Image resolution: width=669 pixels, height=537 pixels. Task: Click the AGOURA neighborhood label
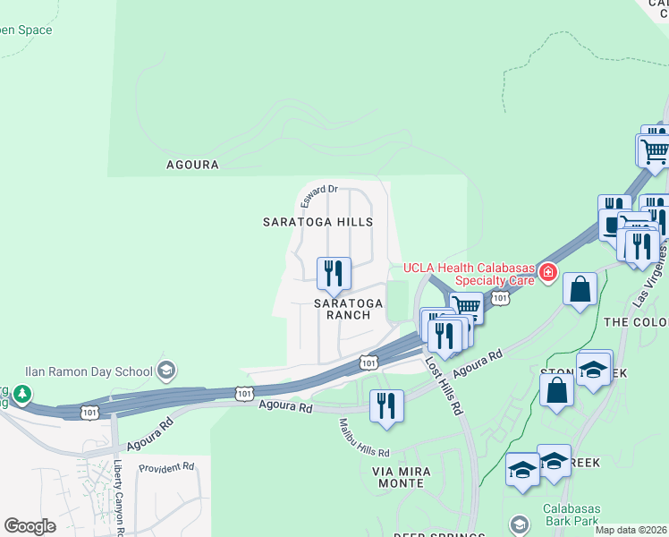click(192, 165)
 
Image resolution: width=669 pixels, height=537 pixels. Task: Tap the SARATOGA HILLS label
click(317, 221)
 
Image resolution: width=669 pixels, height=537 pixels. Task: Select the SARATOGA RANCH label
click(348, 309)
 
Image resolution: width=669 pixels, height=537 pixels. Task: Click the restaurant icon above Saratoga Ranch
click(334, 271)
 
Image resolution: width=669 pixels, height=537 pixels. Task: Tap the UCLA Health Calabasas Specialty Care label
click(468, 273)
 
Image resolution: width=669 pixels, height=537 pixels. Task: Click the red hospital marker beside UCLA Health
click(546, 271)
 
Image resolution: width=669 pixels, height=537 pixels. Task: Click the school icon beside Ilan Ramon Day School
click(165, 370)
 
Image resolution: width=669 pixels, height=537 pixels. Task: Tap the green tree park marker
click(21, 393)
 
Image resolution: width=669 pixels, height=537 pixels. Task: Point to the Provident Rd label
click(166, 467)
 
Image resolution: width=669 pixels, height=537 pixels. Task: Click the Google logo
click(30, 526)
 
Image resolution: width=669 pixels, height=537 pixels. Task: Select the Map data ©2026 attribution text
click(631, 530)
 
